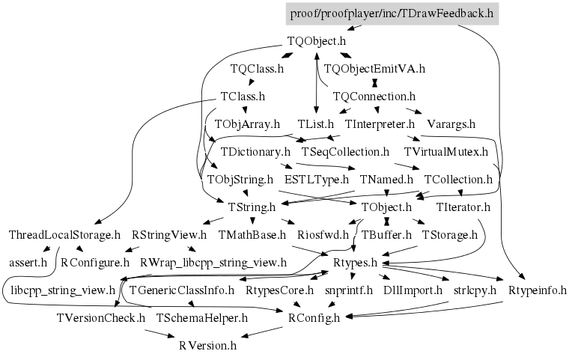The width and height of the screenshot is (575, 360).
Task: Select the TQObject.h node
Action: [x=316, y=42]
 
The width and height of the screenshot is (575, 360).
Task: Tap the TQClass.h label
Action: [x=257, y=69]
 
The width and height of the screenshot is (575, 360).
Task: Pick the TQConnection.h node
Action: [x=374, y=97]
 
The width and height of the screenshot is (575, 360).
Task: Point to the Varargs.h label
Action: [x=451, y=123]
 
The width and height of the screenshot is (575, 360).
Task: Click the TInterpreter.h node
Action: [x=380, y=123]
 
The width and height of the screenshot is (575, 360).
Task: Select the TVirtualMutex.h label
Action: [x=445, y=151]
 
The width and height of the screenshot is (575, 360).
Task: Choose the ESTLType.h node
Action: [x=316, y=179]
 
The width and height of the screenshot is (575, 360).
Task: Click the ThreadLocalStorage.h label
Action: [x=64, y=234]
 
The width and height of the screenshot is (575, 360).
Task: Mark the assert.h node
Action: [x=28, y=262]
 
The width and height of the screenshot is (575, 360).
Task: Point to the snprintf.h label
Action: [x=348, y=290]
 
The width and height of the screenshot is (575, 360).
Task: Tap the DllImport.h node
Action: [x=408, y=290]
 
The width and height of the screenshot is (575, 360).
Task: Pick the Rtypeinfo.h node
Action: [x=537, y=290]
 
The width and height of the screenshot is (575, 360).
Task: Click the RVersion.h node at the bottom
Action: [x=207, y=345]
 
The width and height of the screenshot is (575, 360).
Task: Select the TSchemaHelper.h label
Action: [x=201, y=317]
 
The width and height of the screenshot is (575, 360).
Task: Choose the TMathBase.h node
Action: [x=252, y=234]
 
